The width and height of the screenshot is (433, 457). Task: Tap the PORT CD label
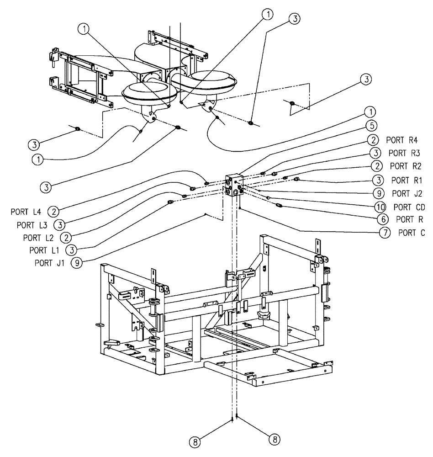[406, 207]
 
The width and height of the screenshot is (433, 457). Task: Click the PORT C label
[411, 233]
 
